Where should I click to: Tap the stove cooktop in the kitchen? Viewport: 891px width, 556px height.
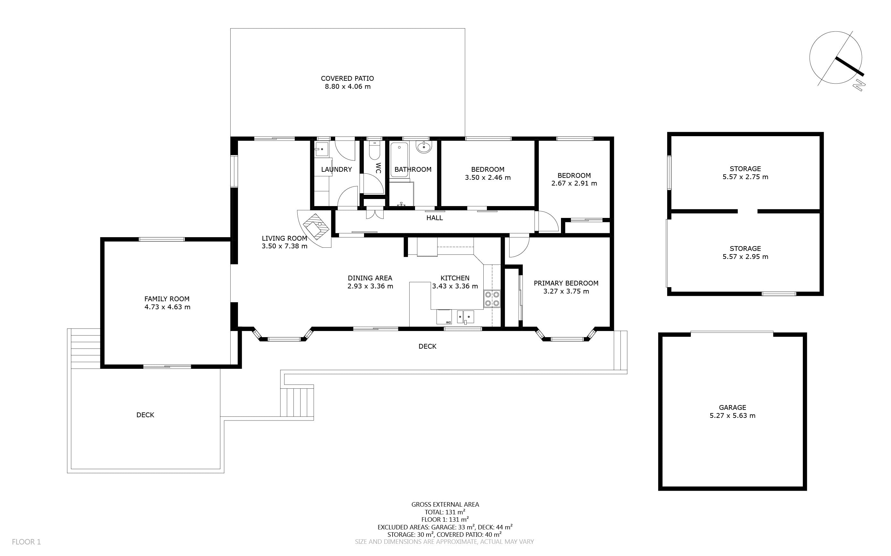[x=492, y=299]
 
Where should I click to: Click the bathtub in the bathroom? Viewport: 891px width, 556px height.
[x=399, y=160]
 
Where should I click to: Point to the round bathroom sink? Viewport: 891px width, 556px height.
[x=424, y=147]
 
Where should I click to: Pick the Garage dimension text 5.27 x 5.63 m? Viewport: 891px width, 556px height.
[x=732, y=416]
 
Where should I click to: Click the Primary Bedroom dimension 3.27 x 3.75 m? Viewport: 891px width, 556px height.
[x=566, y=291]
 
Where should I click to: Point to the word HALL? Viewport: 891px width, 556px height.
[x=434, y=218]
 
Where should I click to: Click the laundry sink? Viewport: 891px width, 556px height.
[x=322, y=149]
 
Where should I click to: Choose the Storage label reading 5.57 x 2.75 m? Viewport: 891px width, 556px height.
[x=745, y=172]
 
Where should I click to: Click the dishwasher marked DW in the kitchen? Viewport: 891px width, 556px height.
[x=444, y=317]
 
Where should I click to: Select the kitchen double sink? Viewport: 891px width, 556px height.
[x=465, y=317]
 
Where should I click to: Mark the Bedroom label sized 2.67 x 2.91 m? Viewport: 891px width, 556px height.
[x=574, y=179]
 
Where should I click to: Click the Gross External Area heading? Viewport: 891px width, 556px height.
[x=445, y=504]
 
